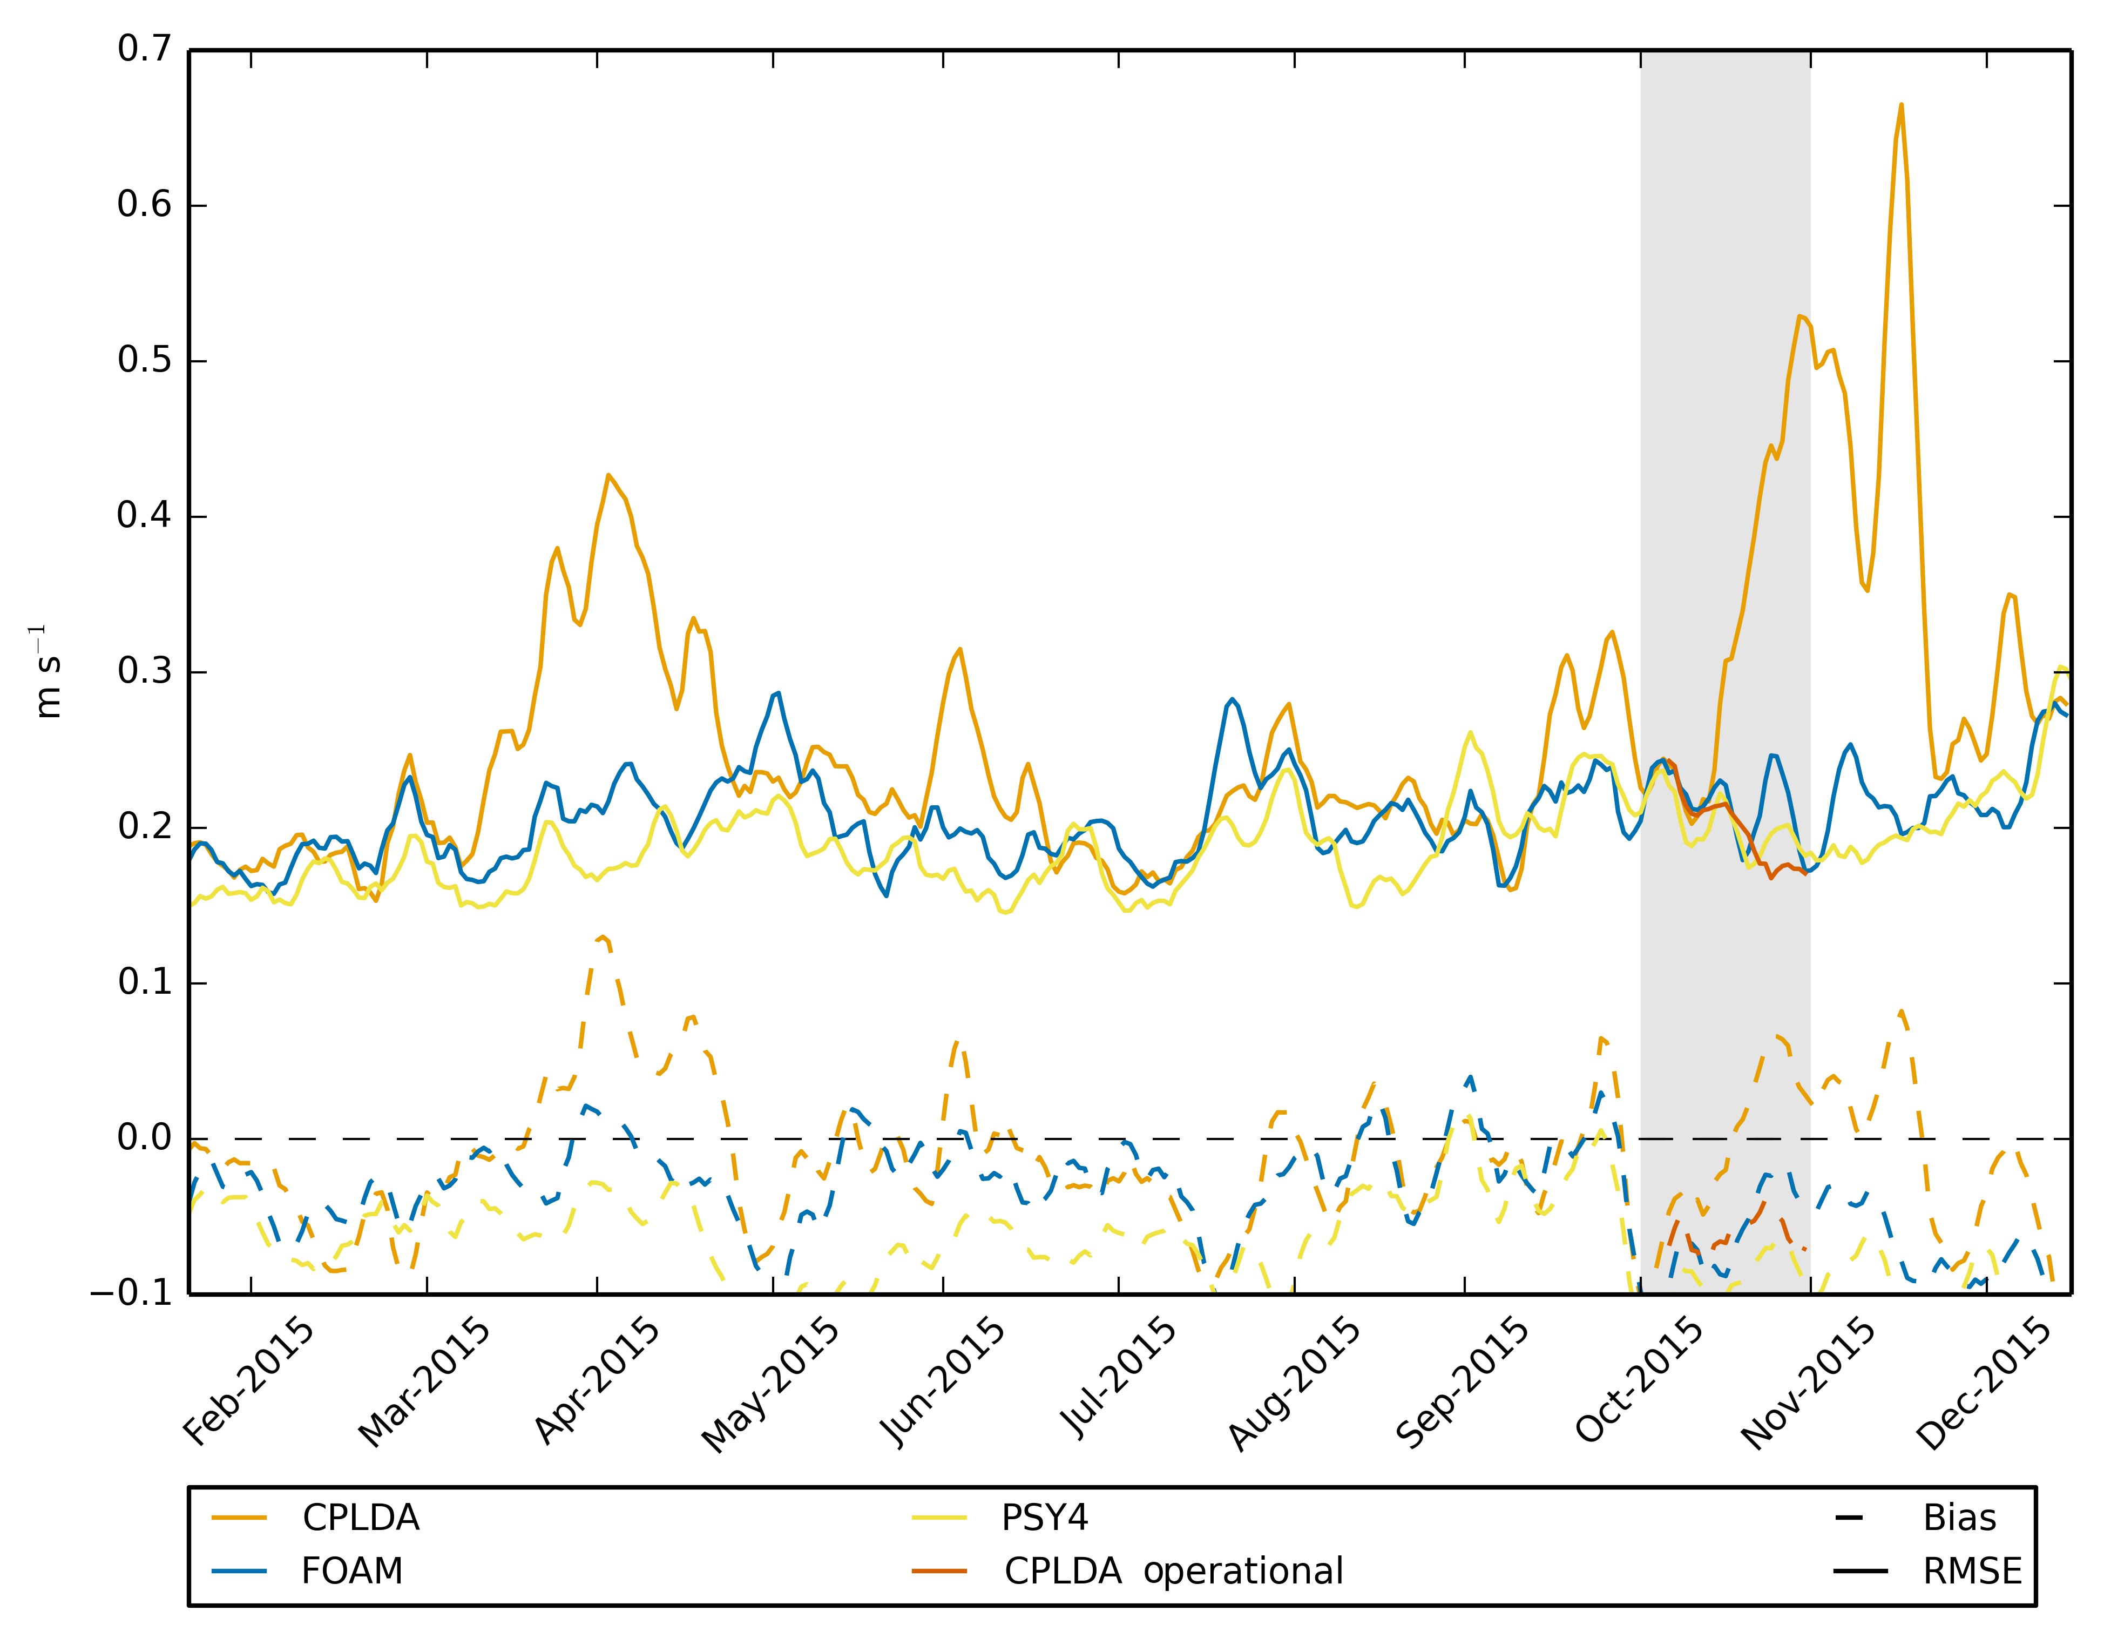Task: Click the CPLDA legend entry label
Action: click(x=360, y=1518)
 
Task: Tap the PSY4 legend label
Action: click(x=1044, y=1518)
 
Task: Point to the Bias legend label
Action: click(x=1959, y=1518)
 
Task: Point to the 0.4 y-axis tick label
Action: click(x=145, y=516)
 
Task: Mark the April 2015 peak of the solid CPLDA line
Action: click(x=608, y=475)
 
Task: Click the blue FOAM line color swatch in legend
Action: click(x=239, y=1572)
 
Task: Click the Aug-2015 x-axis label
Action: click(x=1293, y=1384)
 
